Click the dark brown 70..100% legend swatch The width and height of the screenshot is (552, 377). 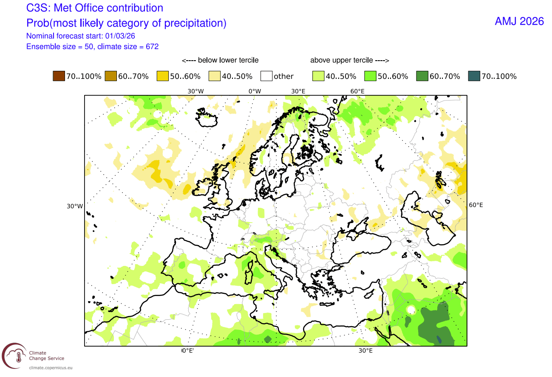[x=58, y=76]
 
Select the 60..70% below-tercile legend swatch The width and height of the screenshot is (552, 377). [x=110, y=76]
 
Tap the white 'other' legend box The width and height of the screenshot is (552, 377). [x=266, y=76]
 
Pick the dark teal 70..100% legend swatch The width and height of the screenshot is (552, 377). [x=473, y=76]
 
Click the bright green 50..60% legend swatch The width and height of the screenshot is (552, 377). [x=370, y=76]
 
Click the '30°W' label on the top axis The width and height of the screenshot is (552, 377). [x=195, y=91]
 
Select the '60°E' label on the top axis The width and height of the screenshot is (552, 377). [x=357, y=91]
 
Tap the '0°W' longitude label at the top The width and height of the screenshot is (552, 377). [x=255, y=91]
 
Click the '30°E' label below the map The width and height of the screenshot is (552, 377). [x=365, y=351]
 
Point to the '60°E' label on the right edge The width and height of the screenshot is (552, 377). [x=476, y=205]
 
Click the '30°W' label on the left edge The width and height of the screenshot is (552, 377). [x=74, y=207]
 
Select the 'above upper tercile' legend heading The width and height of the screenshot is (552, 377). [x=350, y=60]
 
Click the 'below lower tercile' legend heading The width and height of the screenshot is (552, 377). [x=220, y=60]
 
